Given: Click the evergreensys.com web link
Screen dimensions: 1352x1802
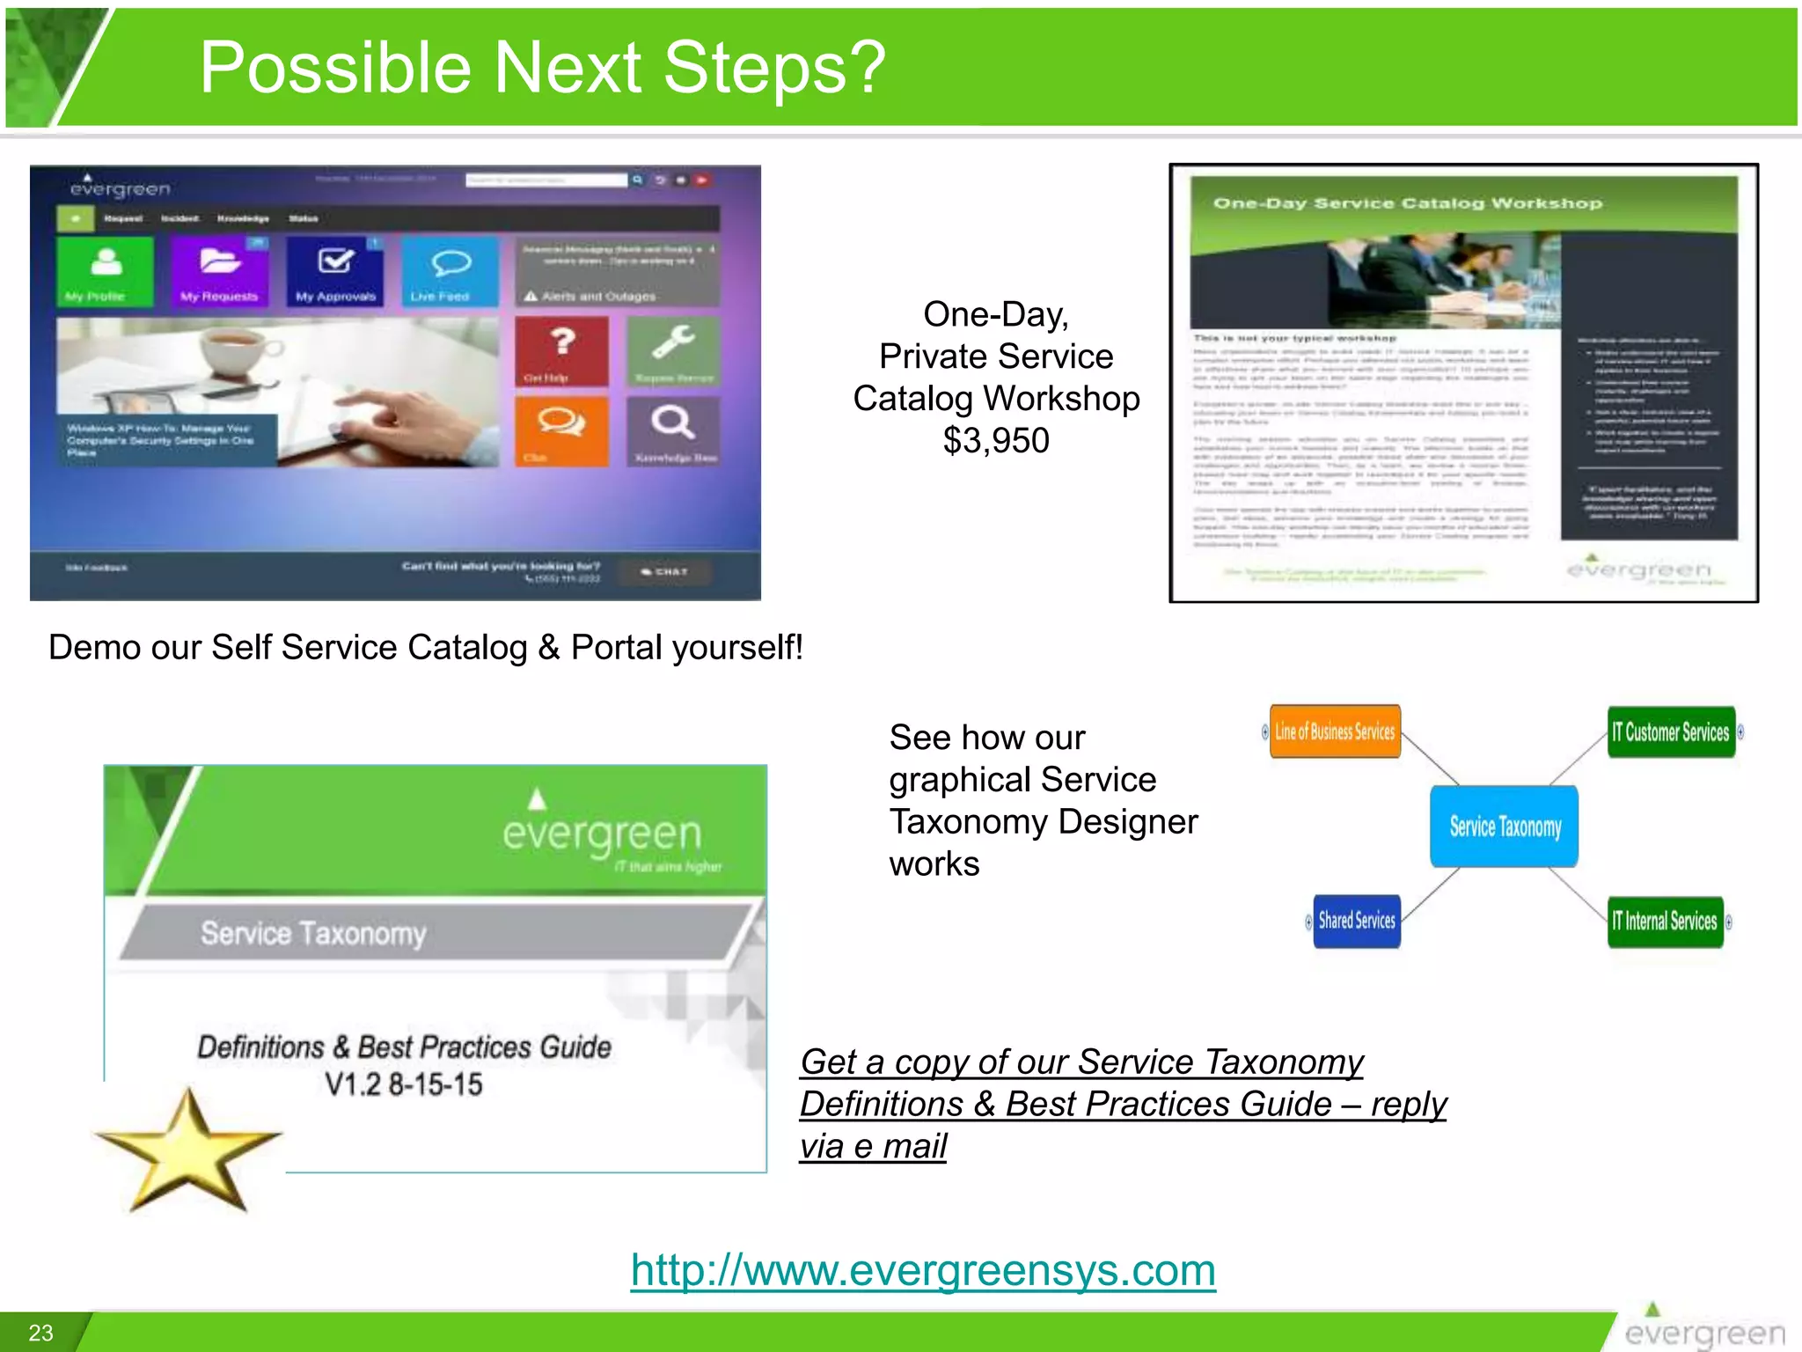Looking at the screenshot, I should tap(923, 1270).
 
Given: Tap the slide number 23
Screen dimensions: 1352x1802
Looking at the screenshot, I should tap(41, 1333).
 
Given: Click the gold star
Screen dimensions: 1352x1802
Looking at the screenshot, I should tap(187, 1150).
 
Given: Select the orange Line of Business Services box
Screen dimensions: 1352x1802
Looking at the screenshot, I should tap(1334, 731).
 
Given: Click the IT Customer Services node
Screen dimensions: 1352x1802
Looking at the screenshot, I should tap(1670, 732).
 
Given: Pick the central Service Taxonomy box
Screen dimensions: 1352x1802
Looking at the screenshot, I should tap(1505, 827).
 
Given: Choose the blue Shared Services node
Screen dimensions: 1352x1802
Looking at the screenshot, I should tap(1356, 921).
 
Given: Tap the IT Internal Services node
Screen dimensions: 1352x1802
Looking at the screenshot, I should tap(1664, 922).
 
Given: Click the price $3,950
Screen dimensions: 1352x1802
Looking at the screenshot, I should tap(996, 440).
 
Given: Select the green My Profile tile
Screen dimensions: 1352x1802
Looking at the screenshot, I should tap(106, 271).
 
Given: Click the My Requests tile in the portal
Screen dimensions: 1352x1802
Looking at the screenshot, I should tap(220, 271).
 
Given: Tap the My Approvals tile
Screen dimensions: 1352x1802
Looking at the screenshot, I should tap(335, 271).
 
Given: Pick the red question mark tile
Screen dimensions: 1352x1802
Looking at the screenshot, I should tap(561, 350).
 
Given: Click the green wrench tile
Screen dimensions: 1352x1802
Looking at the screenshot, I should tap(673, 350).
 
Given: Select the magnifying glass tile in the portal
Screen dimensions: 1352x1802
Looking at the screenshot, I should tap(673, 430).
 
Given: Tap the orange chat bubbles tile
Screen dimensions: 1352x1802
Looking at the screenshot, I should tap(561, 430).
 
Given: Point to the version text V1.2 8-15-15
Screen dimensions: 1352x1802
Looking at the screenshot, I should tap(404, 1084).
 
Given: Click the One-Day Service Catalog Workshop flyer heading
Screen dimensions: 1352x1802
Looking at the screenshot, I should tap(1408, 203).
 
